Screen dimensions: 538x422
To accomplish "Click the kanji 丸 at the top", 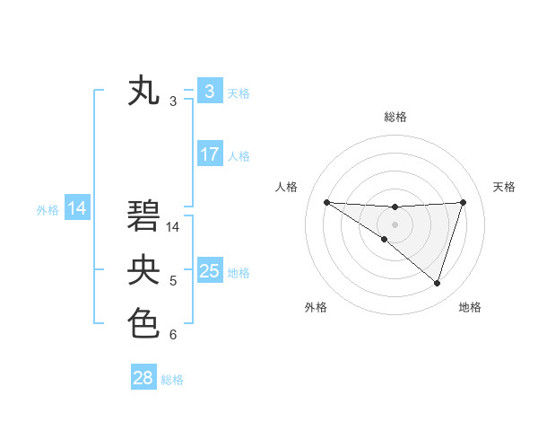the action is [144, 91].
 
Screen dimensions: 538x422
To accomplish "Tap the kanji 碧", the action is [144, 216].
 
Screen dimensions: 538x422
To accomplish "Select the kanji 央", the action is [144, 270].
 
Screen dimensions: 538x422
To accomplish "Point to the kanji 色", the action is [144, 322].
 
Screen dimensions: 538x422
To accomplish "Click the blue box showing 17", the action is [209, 154].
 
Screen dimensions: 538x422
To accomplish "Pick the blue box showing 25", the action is [209, 271].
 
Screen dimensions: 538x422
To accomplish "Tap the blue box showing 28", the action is [143, 378].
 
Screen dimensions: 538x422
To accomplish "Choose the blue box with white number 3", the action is [209, 91].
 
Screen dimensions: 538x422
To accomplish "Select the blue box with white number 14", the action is [77, 209].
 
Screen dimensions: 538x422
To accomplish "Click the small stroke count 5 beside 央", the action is [173, 282].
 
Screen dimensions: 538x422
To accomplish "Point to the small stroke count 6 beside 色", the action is [173, 335].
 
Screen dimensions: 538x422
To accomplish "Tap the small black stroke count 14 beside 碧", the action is [173, 227].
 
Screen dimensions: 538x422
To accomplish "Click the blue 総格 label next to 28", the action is [172, 380].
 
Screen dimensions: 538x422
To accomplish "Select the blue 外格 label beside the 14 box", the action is [48, 210].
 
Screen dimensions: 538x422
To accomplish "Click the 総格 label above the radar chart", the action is [395, 117].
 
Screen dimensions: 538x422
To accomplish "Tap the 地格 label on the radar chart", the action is [470, 307].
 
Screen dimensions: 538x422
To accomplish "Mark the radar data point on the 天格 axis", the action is [464, 202].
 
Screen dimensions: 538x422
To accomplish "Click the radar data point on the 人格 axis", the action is [326, 202].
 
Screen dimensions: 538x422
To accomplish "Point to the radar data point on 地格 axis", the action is [438, 283].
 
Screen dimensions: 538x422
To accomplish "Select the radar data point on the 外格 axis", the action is [385, 239].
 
